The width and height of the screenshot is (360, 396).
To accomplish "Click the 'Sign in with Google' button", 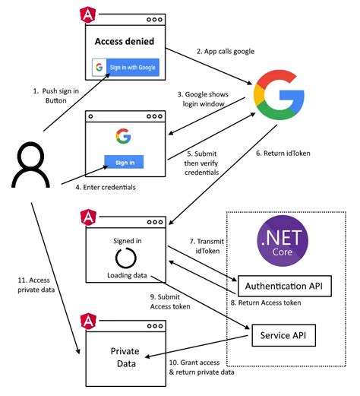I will (x=125, y=66).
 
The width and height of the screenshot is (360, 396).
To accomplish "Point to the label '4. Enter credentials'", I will (x=106, y=187).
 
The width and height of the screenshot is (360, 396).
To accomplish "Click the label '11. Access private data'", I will (x=35, y=284).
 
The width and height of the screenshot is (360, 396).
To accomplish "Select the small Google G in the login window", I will (x=124, y=136).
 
